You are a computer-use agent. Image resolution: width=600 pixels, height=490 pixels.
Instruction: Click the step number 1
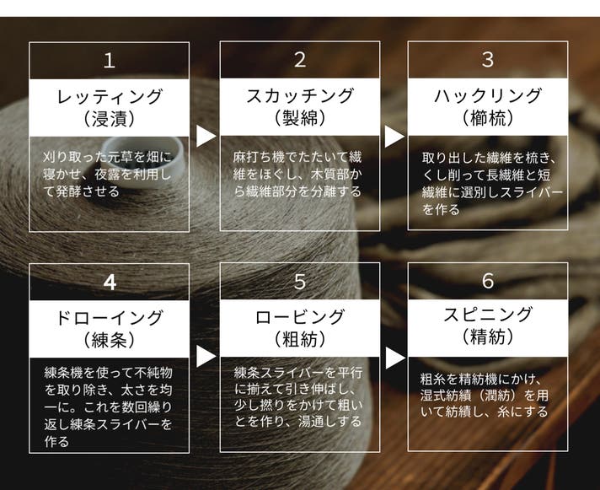110,61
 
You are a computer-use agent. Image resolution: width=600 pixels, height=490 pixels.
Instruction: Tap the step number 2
300,60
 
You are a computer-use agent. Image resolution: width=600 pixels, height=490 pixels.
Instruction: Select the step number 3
488,60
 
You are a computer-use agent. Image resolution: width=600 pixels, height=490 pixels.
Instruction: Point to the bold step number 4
110,283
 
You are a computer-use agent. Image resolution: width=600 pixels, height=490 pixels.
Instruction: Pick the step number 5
300,282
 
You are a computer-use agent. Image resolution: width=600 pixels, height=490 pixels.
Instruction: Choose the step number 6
488,281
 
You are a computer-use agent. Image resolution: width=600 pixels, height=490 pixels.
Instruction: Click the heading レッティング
110,96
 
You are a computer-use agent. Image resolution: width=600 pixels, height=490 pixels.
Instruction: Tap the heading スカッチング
300,95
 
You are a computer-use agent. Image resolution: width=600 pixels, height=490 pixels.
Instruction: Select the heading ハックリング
488,95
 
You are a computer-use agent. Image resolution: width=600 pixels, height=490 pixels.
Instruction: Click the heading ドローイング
110,318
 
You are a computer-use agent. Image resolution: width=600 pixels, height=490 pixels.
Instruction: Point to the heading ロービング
300,317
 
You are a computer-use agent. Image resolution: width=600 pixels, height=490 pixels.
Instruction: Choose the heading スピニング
488,315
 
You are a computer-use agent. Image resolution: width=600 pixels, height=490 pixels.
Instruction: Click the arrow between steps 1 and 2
206,136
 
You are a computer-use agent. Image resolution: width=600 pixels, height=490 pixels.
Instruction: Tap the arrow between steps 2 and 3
394,137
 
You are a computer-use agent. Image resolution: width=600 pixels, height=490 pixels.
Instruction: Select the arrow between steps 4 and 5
206,357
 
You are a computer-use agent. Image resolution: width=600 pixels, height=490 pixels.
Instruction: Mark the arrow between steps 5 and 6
395,358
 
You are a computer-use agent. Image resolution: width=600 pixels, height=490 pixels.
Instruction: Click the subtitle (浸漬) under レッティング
110,119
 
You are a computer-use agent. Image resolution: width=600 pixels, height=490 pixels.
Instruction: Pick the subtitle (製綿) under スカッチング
300,118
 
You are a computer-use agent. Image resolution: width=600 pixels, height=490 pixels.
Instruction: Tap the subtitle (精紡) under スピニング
488,337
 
